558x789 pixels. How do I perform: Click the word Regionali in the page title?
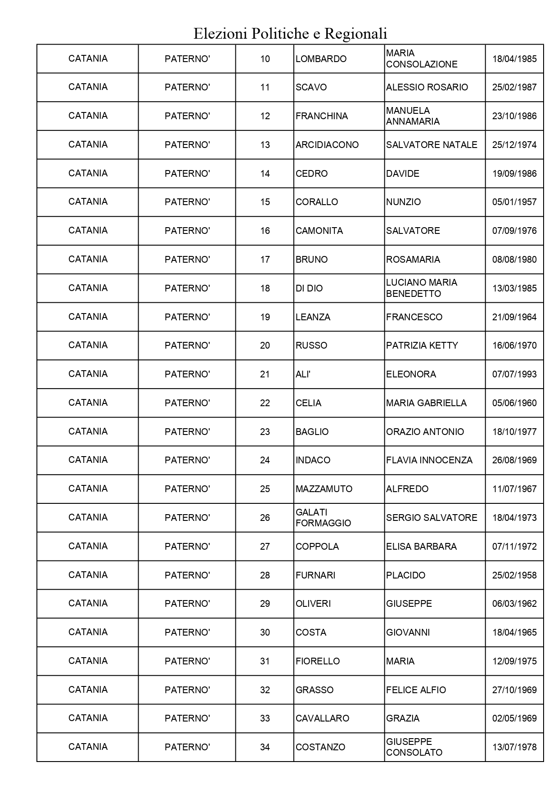pyautogui.click(x=355, y=34)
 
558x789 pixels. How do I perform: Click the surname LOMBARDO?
pyautogui.click(x=321, y=59)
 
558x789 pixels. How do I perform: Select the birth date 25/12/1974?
pyautogui.click(x=514, y=145)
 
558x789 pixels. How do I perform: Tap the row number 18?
pyautogui.click(x=265, y=288)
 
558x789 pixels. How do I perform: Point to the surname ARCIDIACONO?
pyautogui.click(x=327, y=145)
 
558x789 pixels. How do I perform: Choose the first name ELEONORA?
pyautogui.click(x=411, y=374)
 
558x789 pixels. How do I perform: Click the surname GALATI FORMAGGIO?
pyautogui.click(x=323, y=518)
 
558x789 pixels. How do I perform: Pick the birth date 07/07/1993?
pyautogui.click(x=514, y=374)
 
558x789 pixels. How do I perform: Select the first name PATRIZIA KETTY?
pyautogui.click(x=422, y=345)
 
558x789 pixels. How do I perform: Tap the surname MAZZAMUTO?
pyautogui.click(x=324, y=489)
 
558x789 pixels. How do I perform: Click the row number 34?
pyautogui.click(x=265, y=747)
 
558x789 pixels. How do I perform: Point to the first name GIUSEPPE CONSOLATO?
pyautogui.click(x=414, y=747)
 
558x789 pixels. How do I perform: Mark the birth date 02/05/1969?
pyautogui.click(x=514, y=718)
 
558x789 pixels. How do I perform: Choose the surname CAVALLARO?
pyautogui.click(x=322, y=718)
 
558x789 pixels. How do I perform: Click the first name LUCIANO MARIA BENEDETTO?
pyautogui.click(x=421, y=288)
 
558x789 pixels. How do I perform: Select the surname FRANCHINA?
pyautogui.click(x=322, y=116)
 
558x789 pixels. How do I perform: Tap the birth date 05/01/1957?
pyautogui.click(x=514, y=202)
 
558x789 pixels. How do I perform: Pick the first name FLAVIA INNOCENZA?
pyautogui.click(x=429, y=460)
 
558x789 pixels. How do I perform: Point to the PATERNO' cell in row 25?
pyautogui.click(x=187, y=489)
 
